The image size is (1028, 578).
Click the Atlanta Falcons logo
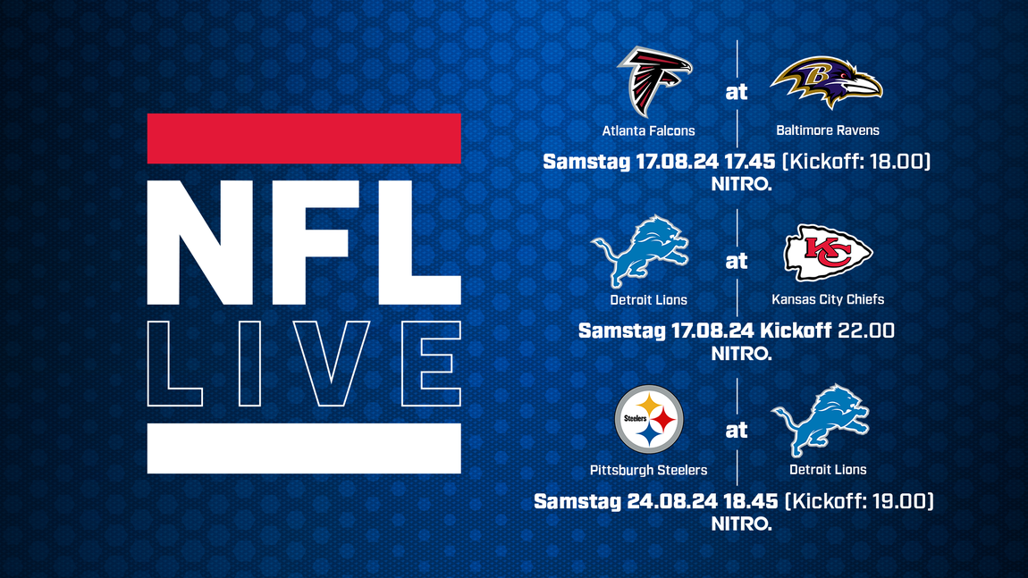tap(654, 81)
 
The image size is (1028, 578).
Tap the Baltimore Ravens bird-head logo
tap(827, 82)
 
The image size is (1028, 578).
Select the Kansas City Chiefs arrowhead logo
tap(828, 252)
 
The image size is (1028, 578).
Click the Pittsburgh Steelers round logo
tap(649, 419)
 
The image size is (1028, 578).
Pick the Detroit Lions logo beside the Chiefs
tap(641, 251)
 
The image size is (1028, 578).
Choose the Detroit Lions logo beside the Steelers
tap(821, 421)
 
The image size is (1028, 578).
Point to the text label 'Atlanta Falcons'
tap(648, 130)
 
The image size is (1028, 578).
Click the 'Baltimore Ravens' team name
tap(828, 130)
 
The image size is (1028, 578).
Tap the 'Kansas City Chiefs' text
tap(828, 299)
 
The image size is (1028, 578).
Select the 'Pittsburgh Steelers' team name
tap(648, 470)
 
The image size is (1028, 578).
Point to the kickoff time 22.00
tap(866, 331)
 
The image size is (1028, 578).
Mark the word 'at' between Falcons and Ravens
tap(737, 92)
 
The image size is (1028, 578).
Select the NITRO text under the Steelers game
tap(741, 524)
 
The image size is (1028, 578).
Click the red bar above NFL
tap(304, 138)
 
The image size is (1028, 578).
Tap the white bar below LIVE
tap(304, 448)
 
